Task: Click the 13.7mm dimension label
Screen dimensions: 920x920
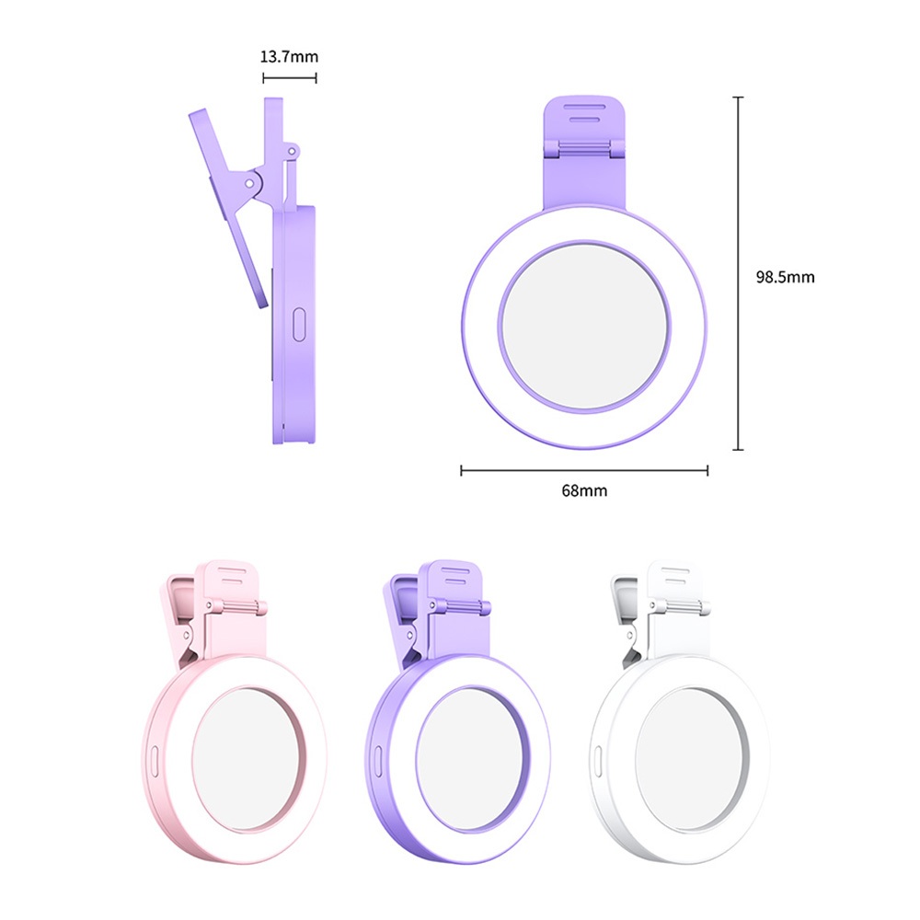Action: pyautogui.click(x=289, y=57)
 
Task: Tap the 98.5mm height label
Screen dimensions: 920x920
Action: pyautogui.click(x=785, y=277)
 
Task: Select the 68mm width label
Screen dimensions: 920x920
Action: pyautogui.click(x=584, y=490)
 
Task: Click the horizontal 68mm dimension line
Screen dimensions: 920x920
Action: pyautogui.click(x=584, y=470)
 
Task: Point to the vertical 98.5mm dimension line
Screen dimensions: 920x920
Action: pyautogui.click(x=739, y=273)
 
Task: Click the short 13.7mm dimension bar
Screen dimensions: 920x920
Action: pyautogui.click(x=290, y=77)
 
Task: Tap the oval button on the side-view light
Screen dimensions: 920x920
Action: pyautogui.click(x=299, y=325)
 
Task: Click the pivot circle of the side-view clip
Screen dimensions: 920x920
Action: pyautogui.click(x=249, y=184)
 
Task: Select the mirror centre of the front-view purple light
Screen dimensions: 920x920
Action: pyautogui.click(x=584, y=327)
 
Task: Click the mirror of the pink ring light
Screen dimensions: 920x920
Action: pyautogui.click(x=248, y=760)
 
